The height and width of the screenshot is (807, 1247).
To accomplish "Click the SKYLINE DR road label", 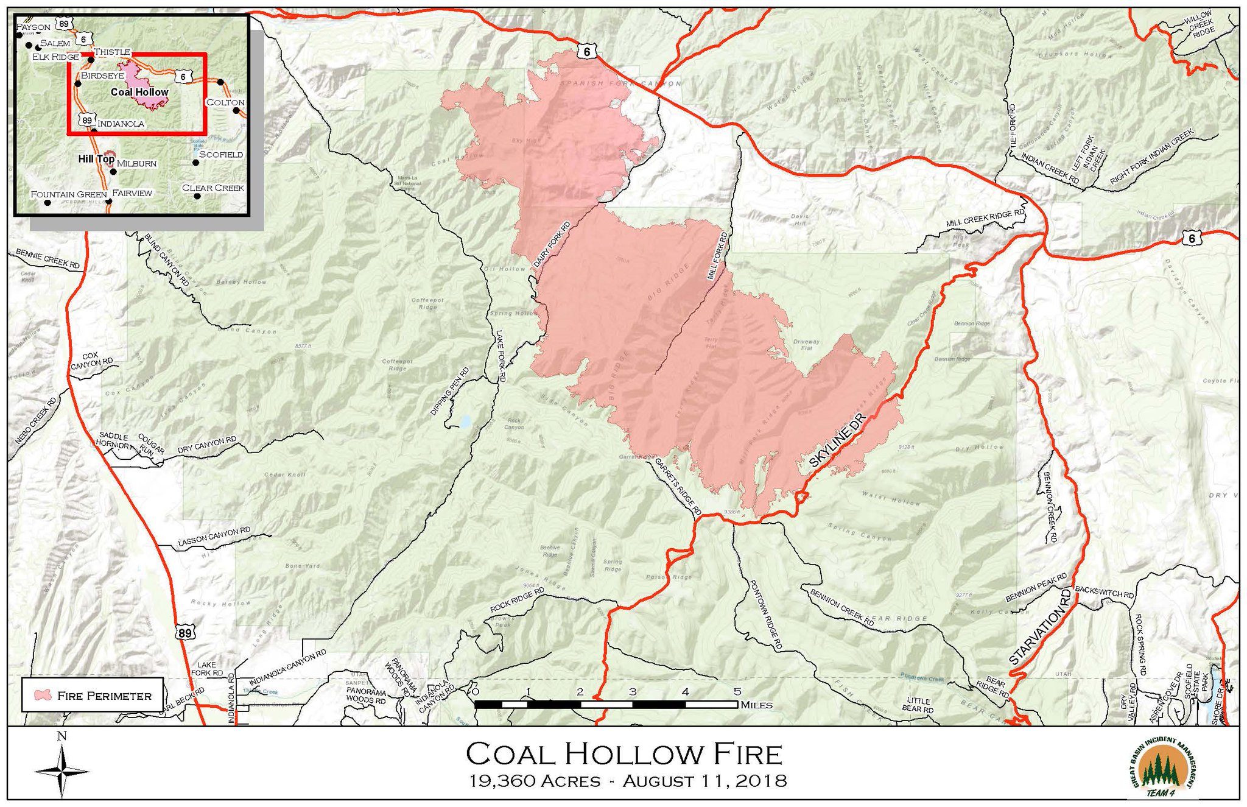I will click(837, 442).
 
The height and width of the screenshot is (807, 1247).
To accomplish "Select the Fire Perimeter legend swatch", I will click(43, 695).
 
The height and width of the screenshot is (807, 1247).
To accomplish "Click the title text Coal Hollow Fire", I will click(624, 754).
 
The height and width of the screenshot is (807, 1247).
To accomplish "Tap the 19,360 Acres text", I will click(535, 781).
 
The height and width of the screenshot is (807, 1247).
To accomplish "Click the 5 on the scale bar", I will click(737, 692).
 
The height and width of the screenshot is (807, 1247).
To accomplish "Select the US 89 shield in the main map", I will click(186, 633).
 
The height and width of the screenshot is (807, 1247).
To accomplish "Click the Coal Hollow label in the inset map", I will click(139, 92).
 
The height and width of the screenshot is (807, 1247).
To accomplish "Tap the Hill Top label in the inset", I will click(96, 159).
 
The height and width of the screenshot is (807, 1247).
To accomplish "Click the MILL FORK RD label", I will click(717, 255).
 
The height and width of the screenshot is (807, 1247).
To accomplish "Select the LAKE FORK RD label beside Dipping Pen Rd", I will click(500, 356).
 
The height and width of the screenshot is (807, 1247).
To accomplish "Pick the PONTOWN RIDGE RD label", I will click(764, 615).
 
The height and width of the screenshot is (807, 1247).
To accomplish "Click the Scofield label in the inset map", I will click(221, 155).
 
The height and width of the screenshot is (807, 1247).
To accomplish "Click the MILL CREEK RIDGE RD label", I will click(985, 219).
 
